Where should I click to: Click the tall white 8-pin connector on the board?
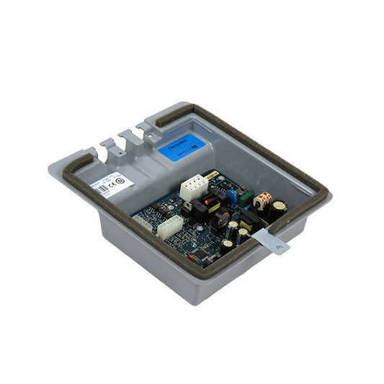tap(193, 189)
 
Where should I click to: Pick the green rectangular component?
tap(246, 196)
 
